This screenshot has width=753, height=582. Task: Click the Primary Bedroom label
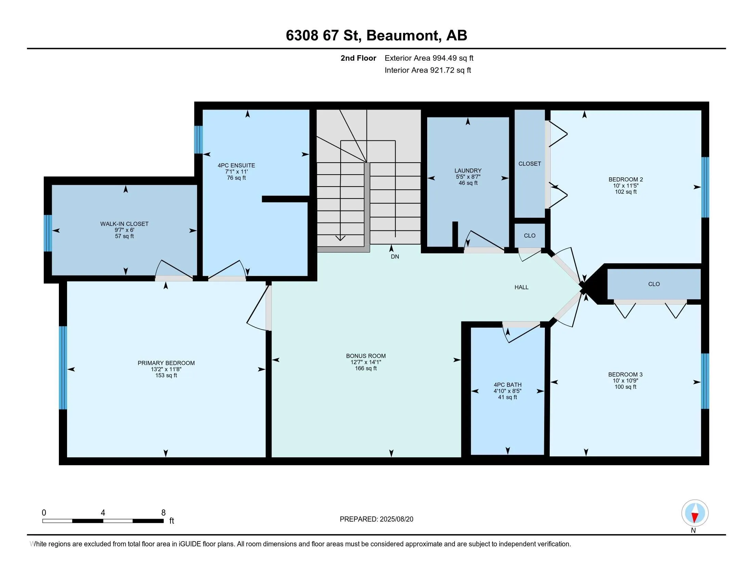(x=166, y=363)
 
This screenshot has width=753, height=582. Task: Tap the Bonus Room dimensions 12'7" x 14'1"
(x=366, y=362)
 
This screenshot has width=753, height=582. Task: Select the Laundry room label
(x=468, y=171)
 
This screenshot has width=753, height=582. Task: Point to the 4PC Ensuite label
(x=237, y=165)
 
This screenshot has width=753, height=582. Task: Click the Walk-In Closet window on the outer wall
(x=48, y=233)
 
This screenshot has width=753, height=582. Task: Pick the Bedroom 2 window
(x=705, y=187)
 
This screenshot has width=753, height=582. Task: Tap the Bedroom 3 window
(x=705, y=381)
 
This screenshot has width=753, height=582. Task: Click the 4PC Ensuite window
(x=199, y=139)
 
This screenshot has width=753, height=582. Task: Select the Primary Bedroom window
(x=63, y=368)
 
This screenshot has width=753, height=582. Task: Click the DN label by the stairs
(x=395, y=257)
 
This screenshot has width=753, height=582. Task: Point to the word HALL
(x=521, y=287)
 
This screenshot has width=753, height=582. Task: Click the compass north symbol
(x=695, y=513)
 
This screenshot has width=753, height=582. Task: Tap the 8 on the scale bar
(x=163, y=513)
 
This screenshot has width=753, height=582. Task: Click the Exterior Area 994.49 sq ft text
(x=429, y=58)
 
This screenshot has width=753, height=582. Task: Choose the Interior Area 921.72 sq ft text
(x=428, y=70)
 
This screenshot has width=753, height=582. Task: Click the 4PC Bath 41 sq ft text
(x=508, y=397)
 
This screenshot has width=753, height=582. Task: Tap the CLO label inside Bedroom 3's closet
(x=654, y=284)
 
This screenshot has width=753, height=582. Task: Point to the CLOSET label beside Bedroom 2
(x=529, y=164)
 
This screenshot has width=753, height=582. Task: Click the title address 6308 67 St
(x=323, y=36)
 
